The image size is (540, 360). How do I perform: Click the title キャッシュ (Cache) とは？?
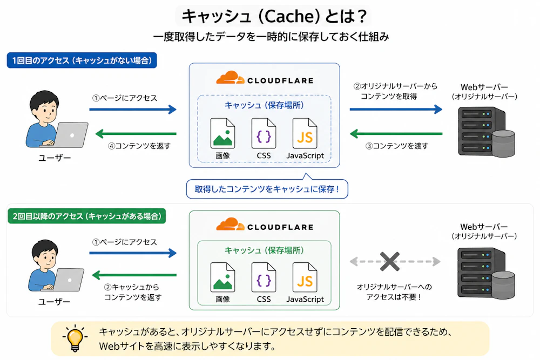coord(274,16)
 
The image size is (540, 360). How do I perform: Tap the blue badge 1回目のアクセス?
coord(82,60)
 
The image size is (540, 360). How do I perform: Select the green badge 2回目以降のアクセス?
coord(87,216)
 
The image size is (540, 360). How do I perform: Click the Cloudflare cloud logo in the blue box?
coord(230,78)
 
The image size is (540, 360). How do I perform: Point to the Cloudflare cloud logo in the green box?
coord(230,225)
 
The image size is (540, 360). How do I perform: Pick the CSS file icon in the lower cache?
coord(264,277)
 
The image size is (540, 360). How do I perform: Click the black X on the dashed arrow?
coord(390,262)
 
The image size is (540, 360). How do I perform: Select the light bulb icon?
coord(75,338)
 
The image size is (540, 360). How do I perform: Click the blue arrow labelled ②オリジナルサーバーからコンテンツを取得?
coord(396,110)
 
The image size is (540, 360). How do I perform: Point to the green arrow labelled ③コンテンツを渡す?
coord(396,133)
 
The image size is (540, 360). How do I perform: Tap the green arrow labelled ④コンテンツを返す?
coord(136,133)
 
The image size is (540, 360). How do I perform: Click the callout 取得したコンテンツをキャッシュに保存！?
coord(267,188)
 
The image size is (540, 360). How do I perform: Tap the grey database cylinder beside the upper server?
coord(503,143)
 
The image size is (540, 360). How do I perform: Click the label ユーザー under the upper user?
coord(55,158)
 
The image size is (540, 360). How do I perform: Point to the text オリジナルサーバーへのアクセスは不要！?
coord(394,292)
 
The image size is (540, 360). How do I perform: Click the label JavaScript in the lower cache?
coord(305,299)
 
